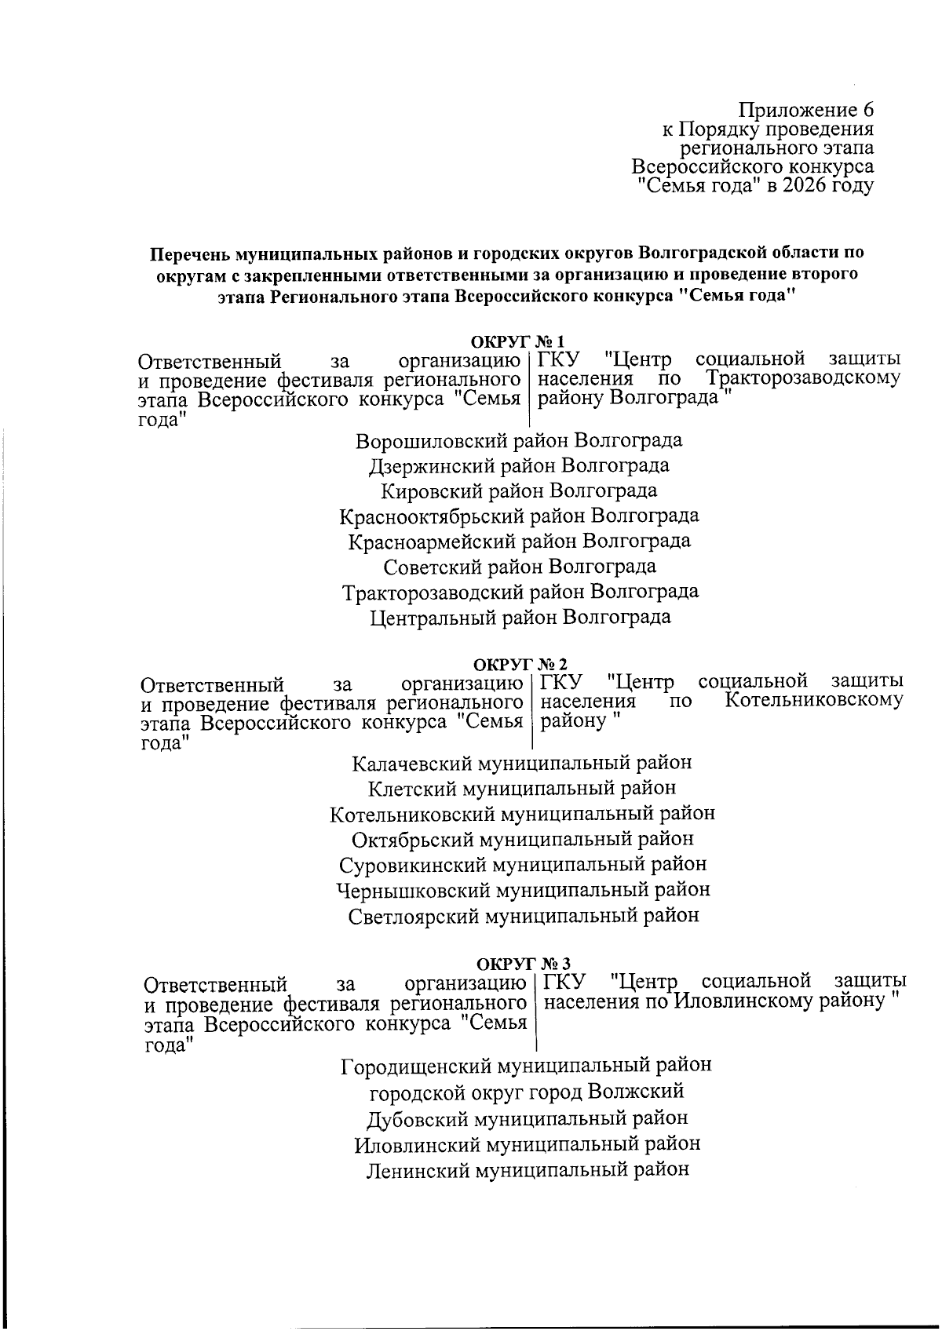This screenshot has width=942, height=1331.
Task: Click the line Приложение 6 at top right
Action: click(806, 110)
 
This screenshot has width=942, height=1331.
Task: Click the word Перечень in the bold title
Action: click(184, 254)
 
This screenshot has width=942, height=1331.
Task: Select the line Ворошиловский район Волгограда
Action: click(518, 440)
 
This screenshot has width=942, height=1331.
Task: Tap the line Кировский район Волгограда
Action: click(518, 491)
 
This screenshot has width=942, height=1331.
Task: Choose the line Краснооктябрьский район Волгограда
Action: click(518, 516)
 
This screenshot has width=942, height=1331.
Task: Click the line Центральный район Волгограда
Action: click(520, 617)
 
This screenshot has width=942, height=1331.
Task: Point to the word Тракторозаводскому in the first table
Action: click(802, 378)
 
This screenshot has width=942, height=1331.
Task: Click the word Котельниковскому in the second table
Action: click(813, 699)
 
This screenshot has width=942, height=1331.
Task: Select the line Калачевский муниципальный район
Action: click(521, 763)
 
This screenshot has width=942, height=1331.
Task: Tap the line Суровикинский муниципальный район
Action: click(523, 864)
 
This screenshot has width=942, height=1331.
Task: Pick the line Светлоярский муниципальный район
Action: click(523, 915)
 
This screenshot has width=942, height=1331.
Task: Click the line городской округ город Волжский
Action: click(526, 1092)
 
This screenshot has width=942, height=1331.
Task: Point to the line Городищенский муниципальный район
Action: click(526, 1066)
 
